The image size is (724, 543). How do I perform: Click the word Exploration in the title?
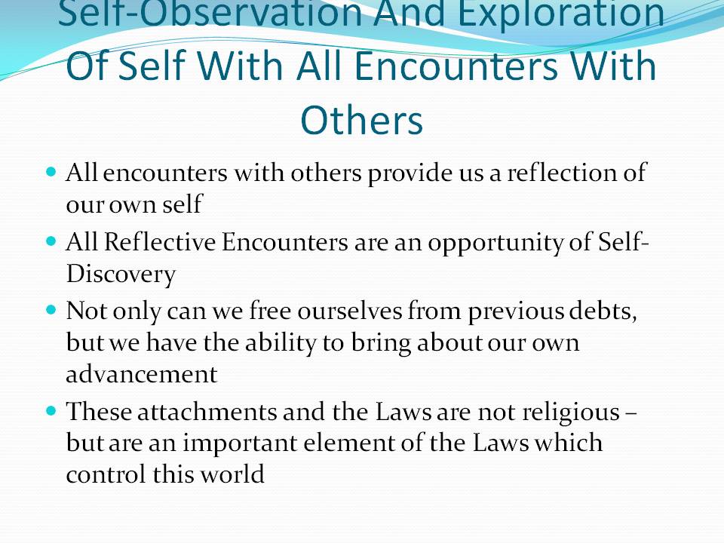[x=560, y=14]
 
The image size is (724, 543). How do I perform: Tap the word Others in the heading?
[x=361, y=120]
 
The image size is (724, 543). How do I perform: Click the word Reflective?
[x=159, y=242]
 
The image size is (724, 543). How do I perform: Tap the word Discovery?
[x=121, y=275]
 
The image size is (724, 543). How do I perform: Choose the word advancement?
[x=141, y=374]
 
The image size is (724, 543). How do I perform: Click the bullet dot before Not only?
[x=51, y=309]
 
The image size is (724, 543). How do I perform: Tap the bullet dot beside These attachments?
[x=51, y=410]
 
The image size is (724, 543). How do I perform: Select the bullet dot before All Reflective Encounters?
[x=51, y=241]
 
